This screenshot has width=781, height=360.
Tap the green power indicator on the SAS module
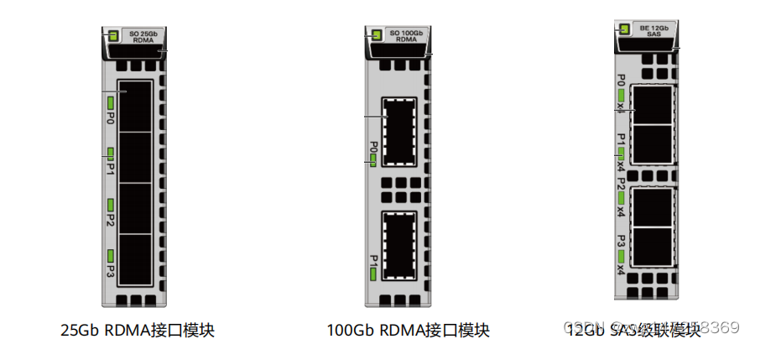pyautogui.click(x=623, y=29)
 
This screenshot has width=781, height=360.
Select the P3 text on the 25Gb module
pyautogui.click(x=110, y=272)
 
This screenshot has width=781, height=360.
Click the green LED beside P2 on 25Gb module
pyautogui.click(x=110, y=204)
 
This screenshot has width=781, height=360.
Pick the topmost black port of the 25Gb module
pyautogui.click(x=135, y=107)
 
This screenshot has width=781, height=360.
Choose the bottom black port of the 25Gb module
pyautogui.click(x=135, y=261)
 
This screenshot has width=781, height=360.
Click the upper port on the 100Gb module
pyautogui.click(x=400, y=132)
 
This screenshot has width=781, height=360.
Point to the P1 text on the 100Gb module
pyautogui.click(x=373, y=259)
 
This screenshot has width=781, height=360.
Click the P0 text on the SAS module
pyautogui.click(x=621, y=81)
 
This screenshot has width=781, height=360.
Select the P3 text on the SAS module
pyautogui.click(x=621, y=241)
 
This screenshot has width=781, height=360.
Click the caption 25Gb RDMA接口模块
pyautogui.click(x=138, y=330)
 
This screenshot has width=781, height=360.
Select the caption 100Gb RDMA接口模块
pyautogui.click(x=408, y=330)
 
